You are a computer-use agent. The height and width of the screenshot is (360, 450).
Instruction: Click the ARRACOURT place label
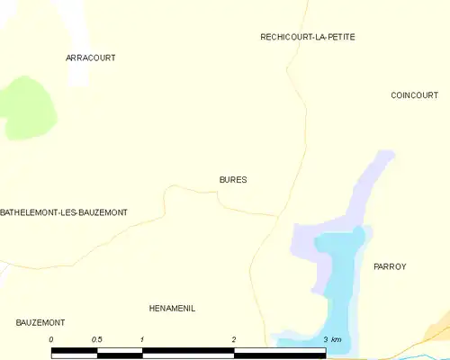pos(91,58)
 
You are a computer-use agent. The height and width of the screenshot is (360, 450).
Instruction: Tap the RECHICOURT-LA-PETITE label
pos(308,37)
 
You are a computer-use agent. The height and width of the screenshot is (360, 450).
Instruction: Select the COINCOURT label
pos(414,95)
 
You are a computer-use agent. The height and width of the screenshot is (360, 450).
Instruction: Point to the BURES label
pos(233,180)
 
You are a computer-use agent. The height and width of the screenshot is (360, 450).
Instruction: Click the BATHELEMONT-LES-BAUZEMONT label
pos(64,212)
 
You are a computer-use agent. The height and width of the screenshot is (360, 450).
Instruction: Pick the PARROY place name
pos(390,267)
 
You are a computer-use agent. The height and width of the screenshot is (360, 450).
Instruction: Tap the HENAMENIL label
pos(172,309)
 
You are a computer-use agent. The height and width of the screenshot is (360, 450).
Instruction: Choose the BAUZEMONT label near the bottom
pos(40,322)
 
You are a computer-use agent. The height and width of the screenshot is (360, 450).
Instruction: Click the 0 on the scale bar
pos(51,339)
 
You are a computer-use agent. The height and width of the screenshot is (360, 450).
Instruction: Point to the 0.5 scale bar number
pos(96,339)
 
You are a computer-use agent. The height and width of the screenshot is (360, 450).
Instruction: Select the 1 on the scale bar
pos(142,339)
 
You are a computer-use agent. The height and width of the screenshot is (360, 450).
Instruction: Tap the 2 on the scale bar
pos(234,339)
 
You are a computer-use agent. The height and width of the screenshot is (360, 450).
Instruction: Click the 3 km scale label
pos(332,339)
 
